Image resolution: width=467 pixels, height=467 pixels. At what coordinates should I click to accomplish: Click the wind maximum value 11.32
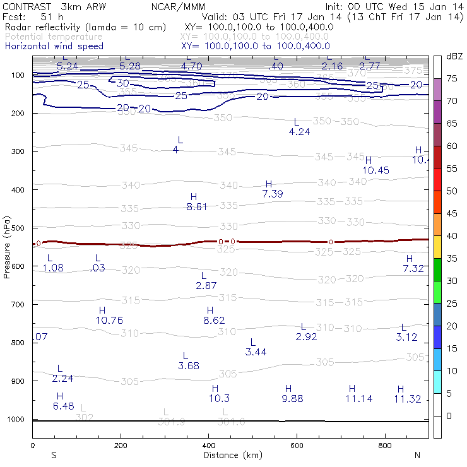(407, 399)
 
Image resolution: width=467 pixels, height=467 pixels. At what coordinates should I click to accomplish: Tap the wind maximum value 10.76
(109, 320)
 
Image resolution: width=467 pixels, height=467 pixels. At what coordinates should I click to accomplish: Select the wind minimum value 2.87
(206, 286)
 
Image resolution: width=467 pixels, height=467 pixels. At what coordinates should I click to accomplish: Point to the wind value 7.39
(273, 194)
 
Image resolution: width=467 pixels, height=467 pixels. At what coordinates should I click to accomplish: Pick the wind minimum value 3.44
(256, 352)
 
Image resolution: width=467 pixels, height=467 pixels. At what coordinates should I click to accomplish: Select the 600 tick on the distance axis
(297, 445)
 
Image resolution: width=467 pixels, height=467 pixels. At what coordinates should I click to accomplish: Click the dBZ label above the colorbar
(454, 56)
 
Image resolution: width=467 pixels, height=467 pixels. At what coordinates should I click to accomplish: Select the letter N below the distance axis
(417, 455)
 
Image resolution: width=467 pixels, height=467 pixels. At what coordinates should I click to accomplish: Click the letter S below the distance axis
(54, 455)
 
